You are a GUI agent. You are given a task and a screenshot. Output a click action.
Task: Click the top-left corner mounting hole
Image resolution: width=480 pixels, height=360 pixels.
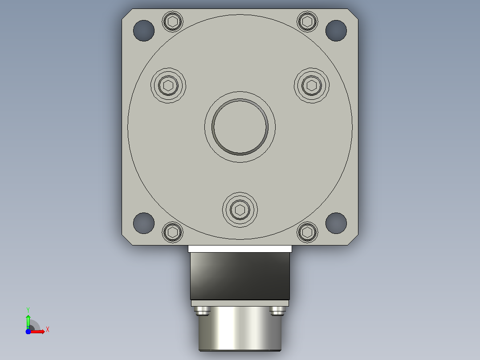tap(143, 31)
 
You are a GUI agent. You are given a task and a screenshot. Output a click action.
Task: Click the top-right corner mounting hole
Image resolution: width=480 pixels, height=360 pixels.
tap(336, 31)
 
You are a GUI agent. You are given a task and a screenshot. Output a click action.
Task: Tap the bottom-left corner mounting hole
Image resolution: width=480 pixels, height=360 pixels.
tap(143, 223)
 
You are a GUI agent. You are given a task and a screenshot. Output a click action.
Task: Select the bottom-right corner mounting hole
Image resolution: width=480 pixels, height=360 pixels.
tap(336, 223)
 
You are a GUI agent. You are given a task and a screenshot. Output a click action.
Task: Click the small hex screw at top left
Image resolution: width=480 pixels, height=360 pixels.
tap(173, 21)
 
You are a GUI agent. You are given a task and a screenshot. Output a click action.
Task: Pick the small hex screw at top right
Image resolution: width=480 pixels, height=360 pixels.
tap(307, 21)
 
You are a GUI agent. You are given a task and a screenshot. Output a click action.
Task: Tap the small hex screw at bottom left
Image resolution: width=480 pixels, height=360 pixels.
tap(173, 232)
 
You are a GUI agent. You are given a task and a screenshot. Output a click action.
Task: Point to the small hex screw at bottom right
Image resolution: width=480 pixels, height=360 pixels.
tap(307, 232)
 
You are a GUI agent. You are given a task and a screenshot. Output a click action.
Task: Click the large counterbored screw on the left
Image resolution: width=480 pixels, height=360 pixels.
tap(168, 86)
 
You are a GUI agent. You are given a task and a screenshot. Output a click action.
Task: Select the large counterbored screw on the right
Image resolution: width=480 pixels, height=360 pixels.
tap(312, 86)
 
